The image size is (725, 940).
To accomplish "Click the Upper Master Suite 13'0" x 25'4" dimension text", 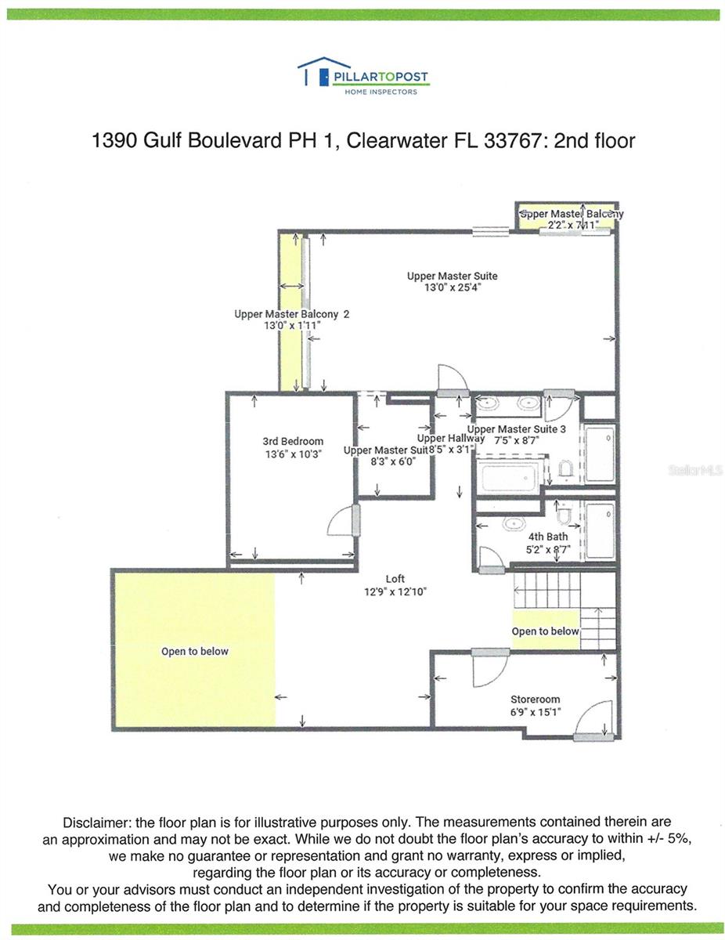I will coord(452,287).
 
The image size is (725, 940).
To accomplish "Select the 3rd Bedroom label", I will coord(293,442).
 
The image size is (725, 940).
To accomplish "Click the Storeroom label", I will coord(535,700).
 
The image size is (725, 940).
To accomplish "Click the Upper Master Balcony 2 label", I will coord(291,314).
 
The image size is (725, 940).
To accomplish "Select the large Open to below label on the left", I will coord(195,651).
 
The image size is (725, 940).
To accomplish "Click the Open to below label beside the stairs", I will coord(545,631).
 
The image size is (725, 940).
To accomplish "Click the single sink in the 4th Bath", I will coord(515,524).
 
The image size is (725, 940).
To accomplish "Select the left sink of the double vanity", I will coord(489,405).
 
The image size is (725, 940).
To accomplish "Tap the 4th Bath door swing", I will coord(491,558).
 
